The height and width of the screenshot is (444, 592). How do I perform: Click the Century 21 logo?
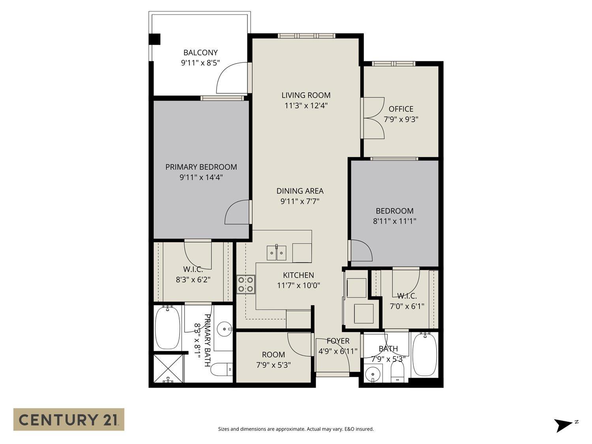69,419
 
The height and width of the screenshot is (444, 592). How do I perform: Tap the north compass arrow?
563,425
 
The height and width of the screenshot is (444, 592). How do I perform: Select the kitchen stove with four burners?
245,285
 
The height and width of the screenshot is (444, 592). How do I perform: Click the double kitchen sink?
276,253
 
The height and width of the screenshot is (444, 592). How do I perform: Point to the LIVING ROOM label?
306,95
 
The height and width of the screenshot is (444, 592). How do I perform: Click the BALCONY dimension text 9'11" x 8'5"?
200,62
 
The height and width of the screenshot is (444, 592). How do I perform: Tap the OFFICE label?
401,109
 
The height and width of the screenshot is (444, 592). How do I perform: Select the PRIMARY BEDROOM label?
201,167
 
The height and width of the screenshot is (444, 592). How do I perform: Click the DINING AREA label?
300,191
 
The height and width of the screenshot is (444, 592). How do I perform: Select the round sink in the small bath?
371,374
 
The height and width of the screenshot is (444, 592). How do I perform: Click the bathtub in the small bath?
424,354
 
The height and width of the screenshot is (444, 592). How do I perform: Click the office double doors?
373,118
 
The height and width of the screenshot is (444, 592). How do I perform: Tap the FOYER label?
338,341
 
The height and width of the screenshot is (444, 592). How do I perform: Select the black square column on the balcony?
154,39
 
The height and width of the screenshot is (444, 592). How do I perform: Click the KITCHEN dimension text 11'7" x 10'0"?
298,285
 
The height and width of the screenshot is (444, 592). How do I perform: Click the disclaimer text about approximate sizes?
296,429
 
